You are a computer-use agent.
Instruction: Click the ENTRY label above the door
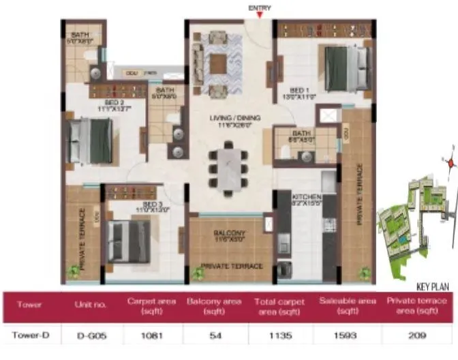click(260, 8)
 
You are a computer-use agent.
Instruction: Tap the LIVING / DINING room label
click(228, 120)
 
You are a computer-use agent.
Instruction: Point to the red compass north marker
click(450, 162)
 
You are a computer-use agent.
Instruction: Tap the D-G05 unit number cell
click(91, 335)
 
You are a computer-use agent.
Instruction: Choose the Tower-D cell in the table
click(29, 335)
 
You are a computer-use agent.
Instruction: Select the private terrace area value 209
click(416, 335)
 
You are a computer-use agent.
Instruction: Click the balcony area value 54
click(214, 335)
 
